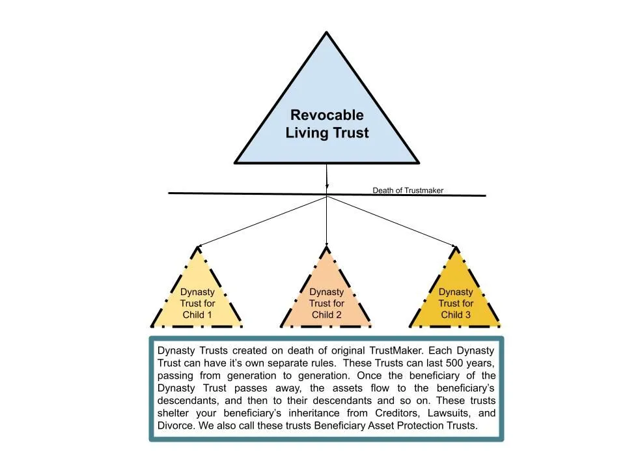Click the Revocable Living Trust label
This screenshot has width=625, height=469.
pyautogui.click(x=327, y=124)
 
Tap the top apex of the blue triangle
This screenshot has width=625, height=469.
pyautogui.click(x=326, y=33)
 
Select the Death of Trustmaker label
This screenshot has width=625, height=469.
pyautogui.click(x=408, y=191)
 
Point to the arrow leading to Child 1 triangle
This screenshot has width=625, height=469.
pyautogui.click(x=260, y=221)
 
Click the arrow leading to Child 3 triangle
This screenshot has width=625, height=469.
pyautogui.click(x=391, y=221)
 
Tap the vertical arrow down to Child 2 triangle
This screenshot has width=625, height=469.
pyautogui.click(x=326, y=221)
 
